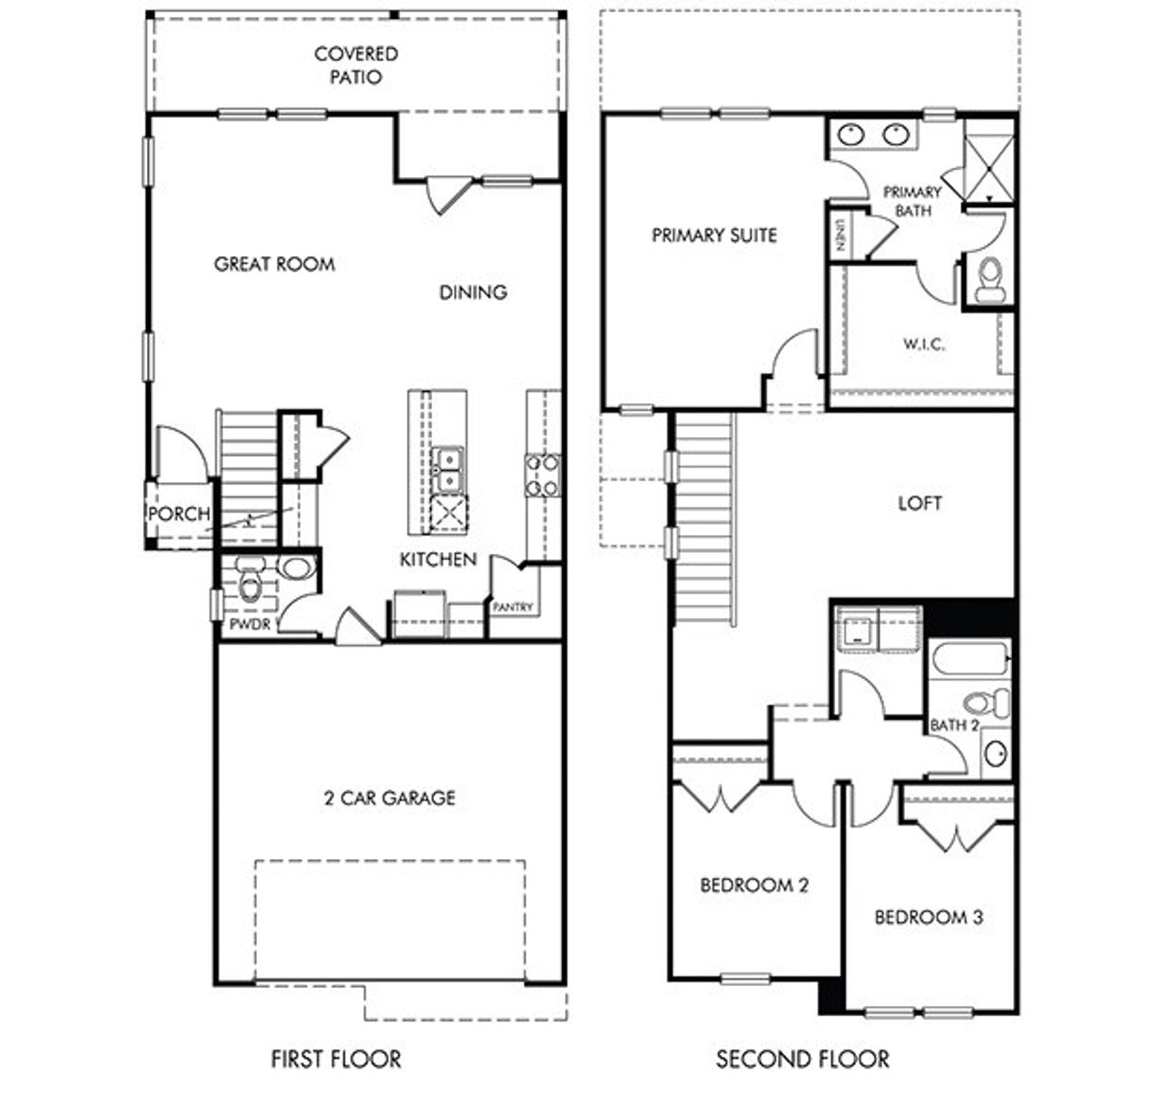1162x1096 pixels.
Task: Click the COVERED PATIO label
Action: click(356, 65)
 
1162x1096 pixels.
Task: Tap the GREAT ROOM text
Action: click(274, 264)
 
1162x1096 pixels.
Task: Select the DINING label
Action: click(473, 291)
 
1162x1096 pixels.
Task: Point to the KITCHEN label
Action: click(438, 559)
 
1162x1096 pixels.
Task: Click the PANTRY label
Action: click(513, 607)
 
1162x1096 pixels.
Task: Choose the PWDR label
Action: click(250, 625)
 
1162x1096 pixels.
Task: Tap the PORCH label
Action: click(179, 514)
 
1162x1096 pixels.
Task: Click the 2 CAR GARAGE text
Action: click(389, 798)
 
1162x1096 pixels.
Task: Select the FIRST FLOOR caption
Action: click(336, 1059)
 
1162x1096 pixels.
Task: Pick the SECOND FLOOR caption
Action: click(803, 1059)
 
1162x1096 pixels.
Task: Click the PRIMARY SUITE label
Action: click(714, 235)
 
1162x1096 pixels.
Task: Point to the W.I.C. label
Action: click(923, 344)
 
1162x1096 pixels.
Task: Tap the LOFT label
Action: click(920, 503)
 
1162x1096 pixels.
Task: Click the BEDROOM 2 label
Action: click(753, 884)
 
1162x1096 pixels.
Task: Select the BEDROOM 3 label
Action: click(928, 917)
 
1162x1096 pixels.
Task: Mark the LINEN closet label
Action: click(841, 236)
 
